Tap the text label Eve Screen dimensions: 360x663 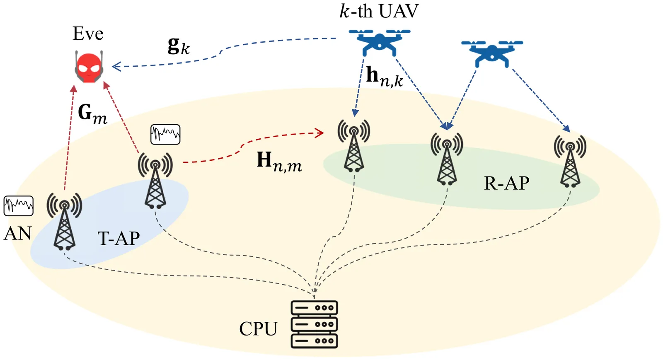(x=88, y=34)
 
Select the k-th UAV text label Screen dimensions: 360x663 (x=379, y=11)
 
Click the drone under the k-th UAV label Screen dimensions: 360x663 (x=379, y=42)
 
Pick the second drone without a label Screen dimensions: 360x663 (x=492, y=53)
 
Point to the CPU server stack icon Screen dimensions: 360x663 (x=314, y=324)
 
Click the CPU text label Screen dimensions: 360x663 (x=258, y=329)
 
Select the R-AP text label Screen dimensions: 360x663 (x=506, y=183)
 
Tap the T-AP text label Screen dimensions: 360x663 (x=119, y=239)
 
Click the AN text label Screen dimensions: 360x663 (x=18, y=234)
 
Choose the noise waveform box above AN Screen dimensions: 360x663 (x=19, y=206)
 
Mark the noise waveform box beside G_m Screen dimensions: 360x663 (x=165, y=134)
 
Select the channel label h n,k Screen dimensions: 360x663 (x=384, y=77)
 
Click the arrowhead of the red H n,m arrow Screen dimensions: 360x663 (x=320, y=133)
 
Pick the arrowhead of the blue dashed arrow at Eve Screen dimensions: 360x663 (x=116, y=66)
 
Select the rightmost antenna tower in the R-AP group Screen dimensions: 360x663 (x=570, y=162)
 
